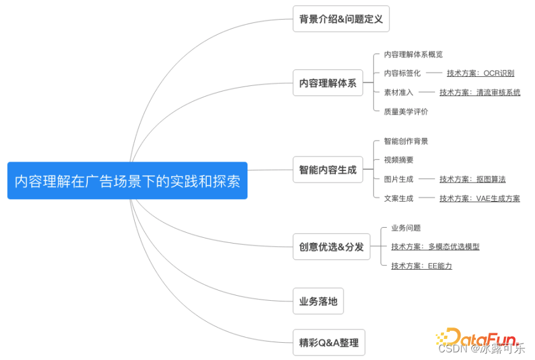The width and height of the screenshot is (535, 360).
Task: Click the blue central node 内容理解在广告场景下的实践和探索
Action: click(127, 181)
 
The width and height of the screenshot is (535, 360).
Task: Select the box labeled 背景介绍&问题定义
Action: click(341, 19)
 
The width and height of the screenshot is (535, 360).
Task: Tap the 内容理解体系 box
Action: click(328, 83)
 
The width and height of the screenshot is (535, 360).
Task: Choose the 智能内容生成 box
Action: click(328, 170)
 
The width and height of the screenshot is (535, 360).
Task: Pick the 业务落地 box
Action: click(318, 301)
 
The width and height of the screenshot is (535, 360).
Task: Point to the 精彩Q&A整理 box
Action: click(329, 342)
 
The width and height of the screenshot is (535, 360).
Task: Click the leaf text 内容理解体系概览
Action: click(413, 55)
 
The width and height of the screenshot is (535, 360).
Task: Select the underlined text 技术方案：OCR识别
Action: click(480, 73)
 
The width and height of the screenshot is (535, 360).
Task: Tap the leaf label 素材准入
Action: click(398, 92)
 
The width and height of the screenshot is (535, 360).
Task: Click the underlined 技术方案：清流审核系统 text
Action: click(480, 92)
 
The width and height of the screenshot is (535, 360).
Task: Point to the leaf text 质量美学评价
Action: click(406, 111)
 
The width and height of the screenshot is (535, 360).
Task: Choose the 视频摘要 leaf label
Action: click(398, 160)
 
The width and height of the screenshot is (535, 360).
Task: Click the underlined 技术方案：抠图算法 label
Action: click(472, 179)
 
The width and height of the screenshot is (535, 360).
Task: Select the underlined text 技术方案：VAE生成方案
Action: click(479, 198)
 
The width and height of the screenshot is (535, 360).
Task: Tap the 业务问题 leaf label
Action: click(406, 228)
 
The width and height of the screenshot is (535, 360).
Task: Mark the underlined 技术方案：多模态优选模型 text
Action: click(435, 247)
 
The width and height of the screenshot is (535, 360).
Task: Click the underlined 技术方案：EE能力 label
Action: click(421, 266)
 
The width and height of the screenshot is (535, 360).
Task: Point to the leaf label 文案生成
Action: click(398, 198)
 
